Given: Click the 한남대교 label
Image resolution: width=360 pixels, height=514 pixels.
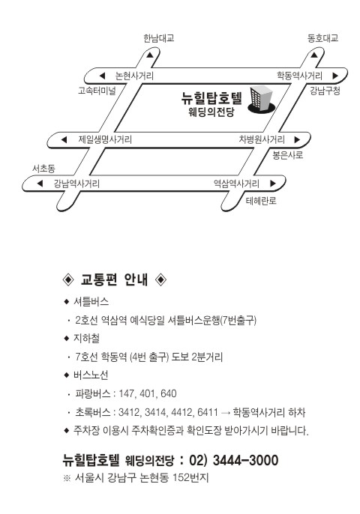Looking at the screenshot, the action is pyautogui.click(x=158, y=38).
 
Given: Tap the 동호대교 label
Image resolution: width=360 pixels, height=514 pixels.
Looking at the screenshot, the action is pyautogui.click(x=322, y=38).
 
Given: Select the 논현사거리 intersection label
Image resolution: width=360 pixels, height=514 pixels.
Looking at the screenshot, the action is pyautogui.click(x=134, y=76).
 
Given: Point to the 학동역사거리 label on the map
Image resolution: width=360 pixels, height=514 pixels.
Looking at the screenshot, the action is pyautogui.click(x=299, y=76).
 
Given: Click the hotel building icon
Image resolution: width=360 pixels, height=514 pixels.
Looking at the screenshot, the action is pyautogui.click(x=262, y=100).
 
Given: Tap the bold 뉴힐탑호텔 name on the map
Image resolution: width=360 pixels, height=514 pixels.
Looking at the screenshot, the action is pyautogui.click(x=211, y=97).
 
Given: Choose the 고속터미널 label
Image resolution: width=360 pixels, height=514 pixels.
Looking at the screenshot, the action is pyautogui.click(x=97, y=91).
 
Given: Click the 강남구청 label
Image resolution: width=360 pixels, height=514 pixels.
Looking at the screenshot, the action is pyautogui.click(x=325, y=91).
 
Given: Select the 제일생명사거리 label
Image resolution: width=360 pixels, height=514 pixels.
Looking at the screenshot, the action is pyautogui.click(x=105, y=139).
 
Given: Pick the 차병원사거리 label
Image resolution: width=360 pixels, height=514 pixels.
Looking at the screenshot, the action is pyautogui.click(x=262, y=139).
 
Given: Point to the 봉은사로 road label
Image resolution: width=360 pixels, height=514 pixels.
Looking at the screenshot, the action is pyautogui.click(x=288, y=155).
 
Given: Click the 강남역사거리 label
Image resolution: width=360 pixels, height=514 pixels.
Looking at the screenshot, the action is pyautogui.click(x=76, y=184).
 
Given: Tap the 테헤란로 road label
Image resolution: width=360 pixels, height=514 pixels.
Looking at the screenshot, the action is pyautogui.click(x=261, y=201).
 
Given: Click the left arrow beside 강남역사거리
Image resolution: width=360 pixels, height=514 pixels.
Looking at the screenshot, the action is pyautogui.click(x=40, y=184).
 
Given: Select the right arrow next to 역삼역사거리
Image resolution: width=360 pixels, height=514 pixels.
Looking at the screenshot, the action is pyautogui.click(x=273, y=184).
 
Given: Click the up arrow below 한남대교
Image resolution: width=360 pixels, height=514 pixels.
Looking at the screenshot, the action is pyautogui.click(x=150, y=55).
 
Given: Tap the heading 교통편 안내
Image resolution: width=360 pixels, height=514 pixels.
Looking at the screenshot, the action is pyautogui.click(x=114, y=279).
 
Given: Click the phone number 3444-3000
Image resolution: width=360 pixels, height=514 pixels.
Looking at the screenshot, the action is pyautogui.click(x=245, y=460).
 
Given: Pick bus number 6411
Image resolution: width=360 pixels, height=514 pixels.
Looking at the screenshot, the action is pyautogui.click(x=208, y=412).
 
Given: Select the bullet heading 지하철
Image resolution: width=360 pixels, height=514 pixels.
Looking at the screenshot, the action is pyautogui.click(x=86, y=338).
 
